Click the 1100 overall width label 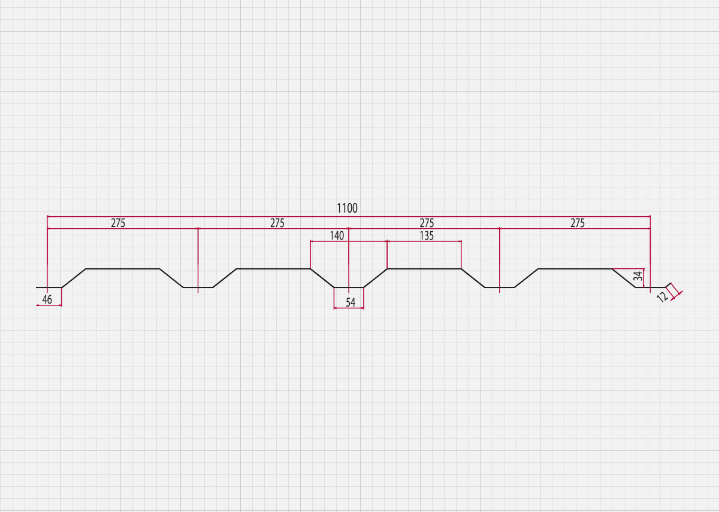coord(347,208)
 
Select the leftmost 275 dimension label coord(118,223)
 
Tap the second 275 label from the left coord(277,223)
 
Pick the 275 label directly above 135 coord(427,223)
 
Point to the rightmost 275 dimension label coord(578,223)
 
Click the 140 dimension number coord(337,236)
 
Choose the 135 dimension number coord(427,236)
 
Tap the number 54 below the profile coord(351,302)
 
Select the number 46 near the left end coord(47,299)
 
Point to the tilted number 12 coord(663,298)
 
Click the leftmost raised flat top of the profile coord(123,269)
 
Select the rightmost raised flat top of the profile coord(575,269)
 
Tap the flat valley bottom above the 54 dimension coord(349,287)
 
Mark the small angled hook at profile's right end coord(668,285)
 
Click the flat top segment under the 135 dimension coord(424,269)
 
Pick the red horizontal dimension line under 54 coord(349,308)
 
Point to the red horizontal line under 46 coord(49,305)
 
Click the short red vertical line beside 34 coord(644,278)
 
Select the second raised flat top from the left coord(273,269)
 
